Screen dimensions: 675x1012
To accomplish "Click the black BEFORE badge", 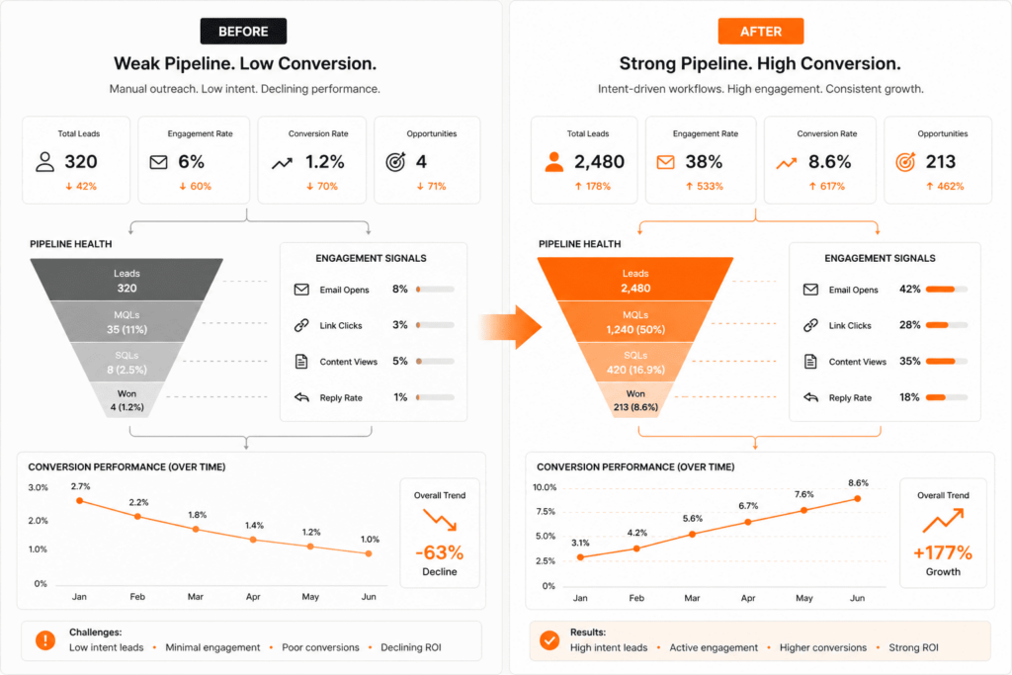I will coord(243,32).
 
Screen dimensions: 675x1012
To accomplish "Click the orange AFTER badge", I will coord(761,32).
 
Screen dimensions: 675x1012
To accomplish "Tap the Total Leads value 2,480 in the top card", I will coord(599,162).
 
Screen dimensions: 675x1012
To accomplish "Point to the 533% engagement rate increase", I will coord(705,186).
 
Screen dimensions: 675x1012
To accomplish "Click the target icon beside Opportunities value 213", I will coord(905,162).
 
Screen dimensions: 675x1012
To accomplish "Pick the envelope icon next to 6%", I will coord(158,162).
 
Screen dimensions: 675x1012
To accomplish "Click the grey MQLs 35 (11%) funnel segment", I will coord(126,321).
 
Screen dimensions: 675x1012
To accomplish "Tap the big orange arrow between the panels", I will coord(512,326).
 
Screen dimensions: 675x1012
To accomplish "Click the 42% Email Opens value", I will coord(910,290).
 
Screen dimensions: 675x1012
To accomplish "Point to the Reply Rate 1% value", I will coord(400,397).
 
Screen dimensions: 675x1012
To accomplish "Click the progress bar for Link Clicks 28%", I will coord(947,325).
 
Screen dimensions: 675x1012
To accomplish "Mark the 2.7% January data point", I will coord(80,501).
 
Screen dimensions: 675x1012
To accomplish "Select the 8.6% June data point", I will coord(857,498).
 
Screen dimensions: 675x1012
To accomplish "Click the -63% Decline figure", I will coord(439,552).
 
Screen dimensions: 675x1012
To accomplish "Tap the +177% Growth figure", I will coord(943,552).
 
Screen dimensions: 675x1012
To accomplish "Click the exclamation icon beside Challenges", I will coord(45,640).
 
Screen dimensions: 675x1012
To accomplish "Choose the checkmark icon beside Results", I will coord(548,640).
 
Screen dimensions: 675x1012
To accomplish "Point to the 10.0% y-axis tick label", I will coord(545,487).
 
